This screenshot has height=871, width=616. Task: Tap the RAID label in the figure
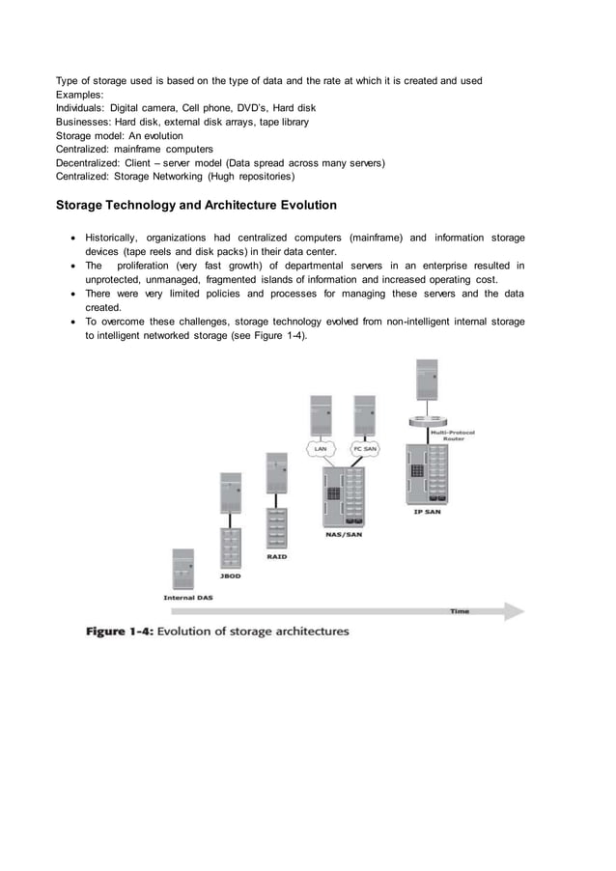[x=276, y=556]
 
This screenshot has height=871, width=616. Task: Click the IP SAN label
[x=426, y=512]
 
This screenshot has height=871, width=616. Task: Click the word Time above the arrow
[x=461, y=609]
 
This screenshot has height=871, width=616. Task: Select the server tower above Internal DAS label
[x=180, y=569]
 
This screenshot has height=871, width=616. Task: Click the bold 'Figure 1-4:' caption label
[x=120, y=632]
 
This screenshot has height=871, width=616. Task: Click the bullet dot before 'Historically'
[x=74, y=238]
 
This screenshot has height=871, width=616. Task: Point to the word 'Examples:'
[x=79, y=94]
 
